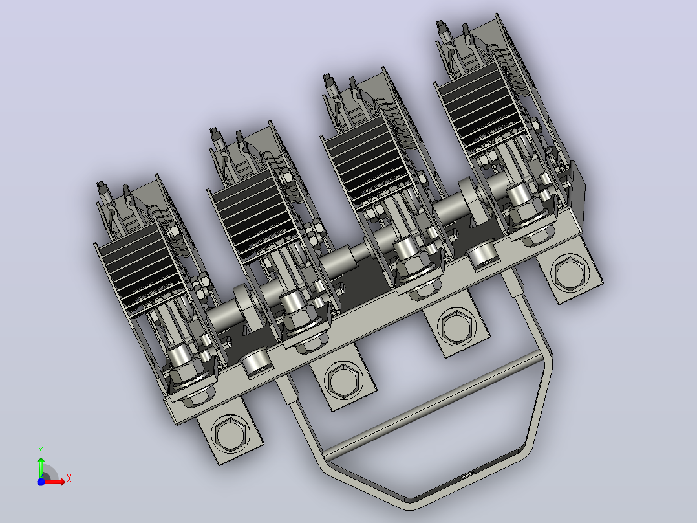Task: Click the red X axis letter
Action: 69,479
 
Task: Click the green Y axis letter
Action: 41,451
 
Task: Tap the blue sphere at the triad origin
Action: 41,482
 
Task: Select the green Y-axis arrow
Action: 41,467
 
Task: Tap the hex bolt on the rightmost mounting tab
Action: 570,271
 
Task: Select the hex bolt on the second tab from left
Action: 343,380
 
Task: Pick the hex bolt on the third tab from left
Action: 456,326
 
